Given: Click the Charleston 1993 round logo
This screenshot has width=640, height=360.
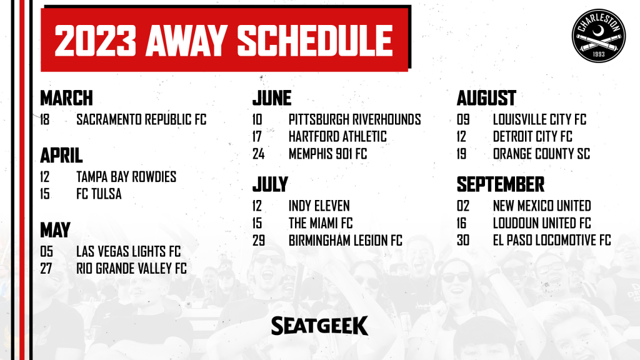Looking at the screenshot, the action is click(x=598, y=36).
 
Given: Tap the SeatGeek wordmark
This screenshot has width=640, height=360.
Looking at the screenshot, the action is click(x=319, y=325).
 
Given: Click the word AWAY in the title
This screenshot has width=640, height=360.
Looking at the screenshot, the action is click(x=186, y=41).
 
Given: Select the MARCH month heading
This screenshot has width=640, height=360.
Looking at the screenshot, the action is click(x=66, y=98).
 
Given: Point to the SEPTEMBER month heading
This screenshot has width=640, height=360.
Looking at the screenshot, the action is click(x=501, y=184).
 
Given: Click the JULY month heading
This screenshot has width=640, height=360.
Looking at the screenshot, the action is click(x=270, y=184).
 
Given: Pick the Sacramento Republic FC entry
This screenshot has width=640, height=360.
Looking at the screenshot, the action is click(x=141, y=119).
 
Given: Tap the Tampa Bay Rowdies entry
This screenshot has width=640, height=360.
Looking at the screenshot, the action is click(x=126, y=177).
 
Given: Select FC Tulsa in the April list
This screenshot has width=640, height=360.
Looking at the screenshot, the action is click(x=99, y=194).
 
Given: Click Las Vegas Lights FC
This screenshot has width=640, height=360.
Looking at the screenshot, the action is click(x=128, y=251).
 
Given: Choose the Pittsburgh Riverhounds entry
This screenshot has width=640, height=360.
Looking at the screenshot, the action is click(x=355, y=119).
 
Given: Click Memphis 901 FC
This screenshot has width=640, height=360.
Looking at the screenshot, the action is click(x=327, y=154).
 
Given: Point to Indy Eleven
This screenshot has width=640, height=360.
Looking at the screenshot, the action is click(x=319, y=206).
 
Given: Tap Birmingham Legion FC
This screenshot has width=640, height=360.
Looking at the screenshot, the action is click(x=345, y=241).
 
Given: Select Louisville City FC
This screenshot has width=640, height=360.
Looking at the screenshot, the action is click(x=539, y=119).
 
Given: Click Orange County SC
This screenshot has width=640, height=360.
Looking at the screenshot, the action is click(x=541, y=154).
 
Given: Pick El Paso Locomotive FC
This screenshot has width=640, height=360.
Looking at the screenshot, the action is click(x=552, y=241).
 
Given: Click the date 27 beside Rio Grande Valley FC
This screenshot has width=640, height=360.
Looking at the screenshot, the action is click(x=46, y=269).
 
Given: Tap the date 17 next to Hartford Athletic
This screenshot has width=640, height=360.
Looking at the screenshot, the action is click(x=257, y=137).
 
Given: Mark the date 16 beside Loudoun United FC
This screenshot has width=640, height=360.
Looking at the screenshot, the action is click(x=461, y=223).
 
